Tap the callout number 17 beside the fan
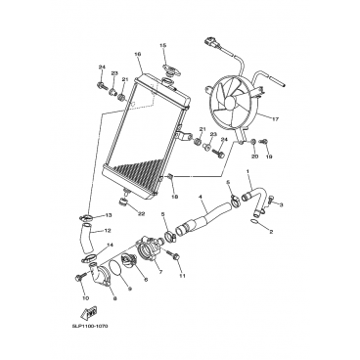[275, 119]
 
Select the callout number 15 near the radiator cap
[162, 45]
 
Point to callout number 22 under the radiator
[141, 214]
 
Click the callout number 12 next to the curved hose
[108, 230]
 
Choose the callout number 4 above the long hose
[200, 197]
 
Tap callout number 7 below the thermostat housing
[160, 271]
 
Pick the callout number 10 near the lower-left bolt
[85, 297]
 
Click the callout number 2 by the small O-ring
[271, 232]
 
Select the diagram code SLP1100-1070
[90, 326]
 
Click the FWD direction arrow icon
[89, 313]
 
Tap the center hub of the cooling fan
[230, 103]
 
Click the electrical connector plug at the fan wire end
[208, 42]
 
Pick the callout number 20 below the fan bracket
[254, 157]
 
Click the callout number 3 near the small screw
[282, 204]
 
